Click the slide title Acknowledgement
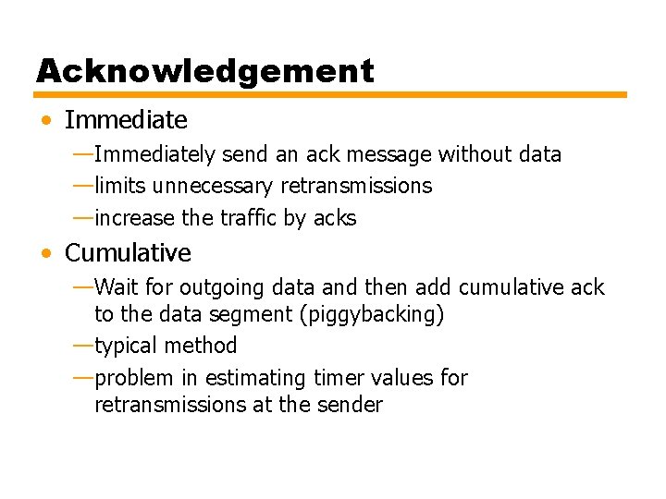coord(205,71)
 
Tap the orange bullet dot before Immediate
coord(46,120)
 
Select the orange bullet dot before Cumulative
coord(46,253)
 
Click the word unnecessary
coord(212,186)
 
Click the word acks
coord(335,218)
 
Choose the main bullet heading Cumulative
coord(128,253)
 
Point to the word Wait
coord(116,287)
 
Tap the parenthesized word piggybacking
coord(372,314)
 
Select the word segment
coord(251,314)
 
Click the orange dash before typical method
coord(82,346)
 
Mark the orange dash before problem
coord(82,378)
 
